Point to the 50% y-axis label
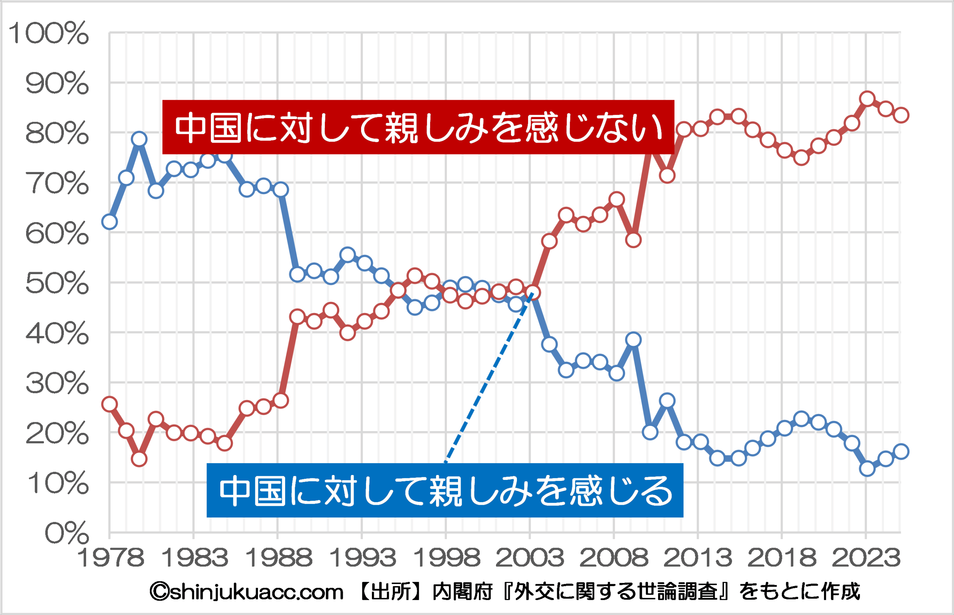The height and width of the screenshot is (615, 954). point(57,284)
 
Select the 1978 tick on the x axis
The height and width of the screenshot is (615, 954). point(110,558)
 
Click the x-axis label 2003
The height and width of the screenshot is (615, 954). point(530,558)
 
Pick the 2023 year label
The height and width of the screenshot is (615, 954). point(866,558)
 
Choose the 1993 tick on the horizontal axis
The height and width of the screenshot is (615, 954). point(362,558)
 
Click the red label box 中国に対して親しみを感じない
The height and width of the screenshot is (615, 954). point(418,127)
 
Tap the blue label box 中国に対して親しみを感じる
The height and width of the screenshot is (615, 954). point(445,490)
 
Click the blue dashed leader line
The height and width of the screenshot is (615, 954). point(487,378)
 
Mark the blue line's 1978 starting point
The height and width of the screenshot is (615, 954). point(110,222)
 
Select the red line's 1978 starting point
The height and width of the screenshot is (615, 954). point(110,404)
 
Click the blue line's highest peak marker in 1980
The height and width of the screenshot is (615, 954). point(139,139)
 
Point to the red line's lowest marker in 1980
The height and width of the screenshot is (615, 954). point(139,459)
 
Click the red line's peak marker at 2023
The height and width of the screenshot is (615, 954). point(867,99)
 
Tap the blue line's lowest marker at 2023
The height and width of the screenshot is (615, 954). point(867,468)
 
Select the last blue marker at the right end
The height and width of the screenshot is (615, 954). point(901,452)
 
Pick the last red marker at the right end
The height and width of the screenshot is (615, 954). point(901,115)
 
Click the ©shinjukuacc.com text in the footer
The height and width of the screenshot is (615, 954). point(247,592)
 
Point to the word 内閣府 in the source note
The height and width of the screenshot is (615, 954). point(462,592)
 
